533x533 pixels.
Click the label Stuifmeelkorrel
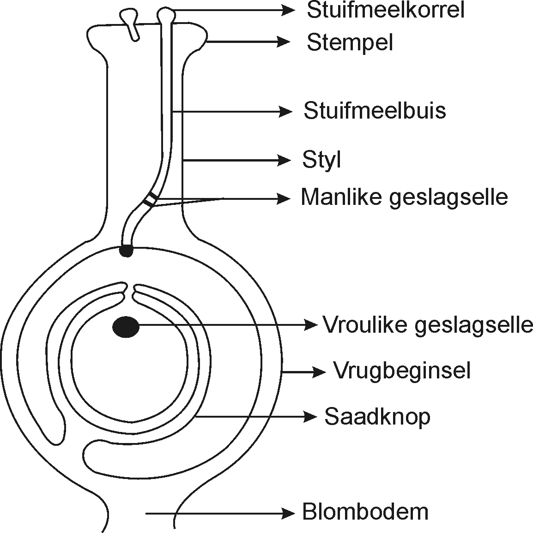385,10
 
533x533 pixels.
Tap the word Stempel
350,43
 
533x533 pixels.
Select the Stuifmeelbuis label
375,110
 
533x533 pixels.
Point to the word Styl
321,160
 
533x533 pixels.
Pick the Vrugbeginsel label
402,371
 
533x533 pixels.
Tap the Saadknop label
377,417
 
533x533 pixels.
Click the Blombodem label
365,512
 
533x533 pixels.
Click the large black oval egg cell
126,327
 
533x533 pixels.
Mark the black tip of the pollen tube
126,251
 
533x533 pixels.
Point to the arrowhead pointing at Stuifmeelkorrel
288,10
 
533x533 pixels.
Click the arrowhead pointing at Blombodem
287,513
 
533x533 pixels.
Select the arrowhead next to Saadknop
310,416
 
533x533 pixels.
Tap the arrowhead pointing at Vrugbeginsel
318,372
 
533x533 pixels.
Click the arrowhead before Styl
284,160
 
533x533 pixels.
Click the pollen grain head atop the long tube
166,15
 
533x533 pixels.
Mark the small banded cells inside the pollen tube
150,199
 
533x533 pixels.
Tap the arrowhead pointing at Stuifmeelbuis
285,111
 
